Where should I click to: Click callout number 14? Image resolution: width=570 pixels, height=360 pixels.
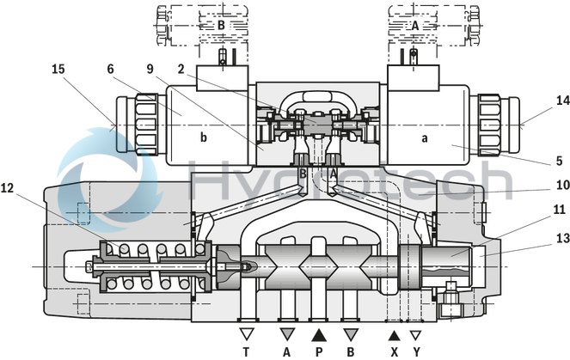click(x=538, y=101)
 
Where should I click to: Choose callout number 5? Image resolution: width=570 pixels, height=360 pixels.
click(x=535, y=160)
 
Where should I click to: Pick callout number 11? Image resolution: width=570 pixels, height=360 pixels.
click(x=535, y=209)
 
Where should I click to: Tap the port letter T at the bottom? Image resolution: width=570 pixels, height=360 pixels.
click(x=247, y=351)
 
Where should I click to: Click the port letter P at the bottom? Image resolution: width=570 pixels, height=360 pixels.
click(x=319, y=351)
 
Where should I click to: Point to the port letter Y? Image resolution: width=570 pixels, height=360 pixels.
click(x=416, y=351)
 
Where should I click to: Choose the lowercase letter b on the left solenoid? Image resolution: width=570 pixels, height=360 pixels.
click(x=204, y=137)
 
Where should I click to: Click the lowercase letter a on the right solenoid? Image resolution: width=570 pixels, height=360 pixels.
click(x=424, y=137)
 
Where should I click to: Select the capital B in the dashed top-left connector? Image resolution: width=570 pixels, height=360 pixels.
click(x=220, y=26)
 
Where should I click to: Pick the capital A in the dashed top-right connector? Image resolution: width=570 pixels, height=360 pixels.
click(x=415, y=26)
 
